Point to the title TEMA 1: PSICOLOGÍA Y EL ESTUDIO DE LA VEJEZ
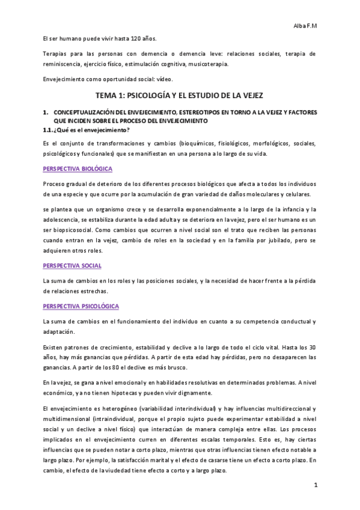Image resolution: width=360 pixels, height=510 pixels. coord(180,96)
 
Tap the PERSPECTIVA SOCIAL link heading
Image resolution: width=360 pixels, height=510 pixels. coord(72,265)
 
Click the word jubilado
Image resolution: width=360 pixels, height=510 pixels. coord(275,242)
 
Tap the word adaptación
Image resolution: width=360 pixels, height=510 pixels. coord(59,331)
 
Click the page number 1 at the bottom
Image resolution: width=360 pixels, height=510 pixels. coord(314,484)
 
